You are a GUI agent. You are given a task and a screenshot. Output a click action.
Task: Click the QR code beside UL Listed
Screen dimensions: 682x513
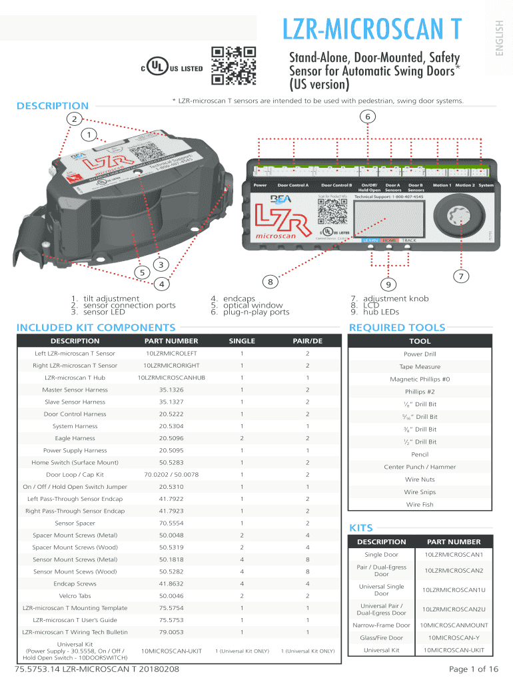[x=234, y=66]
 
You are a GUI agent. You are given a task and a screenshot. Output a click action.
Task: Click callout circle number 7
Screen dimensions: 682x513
[x=458, y=276]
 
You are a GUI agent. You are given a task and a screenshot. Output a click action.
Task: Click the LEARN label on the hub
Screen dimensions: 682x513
[x=371, y=240]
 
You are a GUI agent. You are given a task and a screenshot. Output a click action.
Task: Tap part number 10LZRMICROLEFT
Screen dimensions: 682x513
[x=171, y=353]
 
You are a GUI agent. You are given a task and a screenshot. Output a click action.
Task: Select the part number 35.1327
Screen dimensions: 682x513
[x=171, y=402]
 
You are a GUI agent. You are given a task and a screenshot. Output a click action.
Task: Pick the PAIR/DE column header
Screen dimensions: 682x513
[x=307, y=341]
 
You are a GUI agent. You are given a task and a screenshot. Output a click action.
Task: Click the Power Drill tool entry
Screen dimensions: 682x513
[x=420, y=354]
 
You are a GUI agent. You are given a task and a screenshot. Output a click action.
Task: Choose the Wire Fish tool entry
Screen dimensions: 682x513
[x=420, y=504]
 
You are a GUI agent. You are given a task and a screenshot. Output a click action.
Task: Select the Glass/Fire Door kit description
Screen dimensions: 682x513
[x=382, y=637]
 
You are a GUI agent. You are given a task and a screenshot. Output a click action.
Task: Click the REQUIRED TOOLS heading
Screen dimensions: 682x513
[x=396, y=327]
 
